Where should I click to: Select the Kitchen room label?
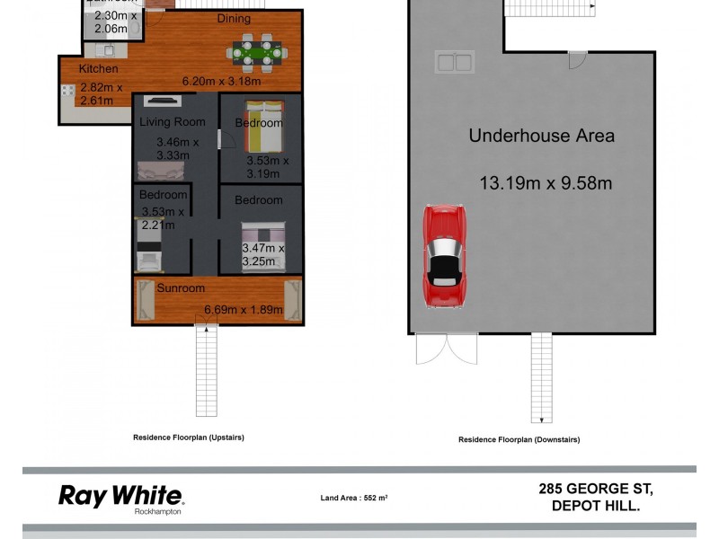[98, 69]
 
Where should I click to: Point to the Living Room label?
[172, 122]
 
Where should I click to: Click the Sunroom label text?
[181, 288]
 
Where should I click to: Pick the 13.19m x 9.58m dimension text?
[546, 183]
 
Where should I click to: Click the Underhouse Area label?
[542, 137]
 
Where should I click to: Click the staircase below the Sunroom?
[208, 369]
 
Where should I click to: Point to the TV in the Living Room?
[163, 102]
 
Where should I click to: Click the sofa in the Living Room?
[163, 170]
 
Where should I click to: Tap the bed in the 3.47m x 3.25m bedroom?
[263, 243]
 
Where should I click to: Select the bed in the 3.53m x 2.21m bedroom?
[148, 248]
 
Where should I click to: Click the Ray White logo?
[120, 496]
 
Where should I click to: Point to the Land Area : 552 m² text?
[354, 498]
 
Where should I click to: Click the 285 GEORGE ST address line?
[596, 490]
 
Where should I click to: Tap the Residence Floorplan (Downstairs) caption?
[519, 439]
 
